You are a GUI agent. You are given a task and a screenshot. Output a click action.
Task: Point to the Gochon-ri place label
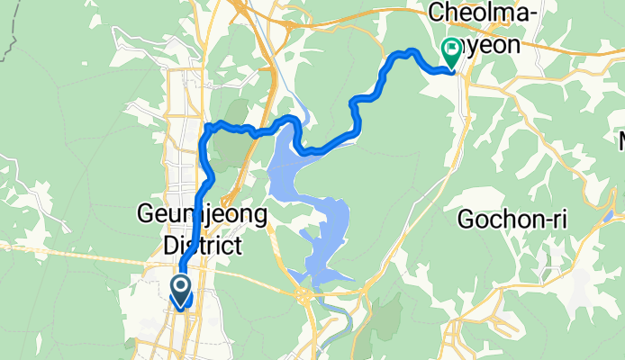click(512, 218)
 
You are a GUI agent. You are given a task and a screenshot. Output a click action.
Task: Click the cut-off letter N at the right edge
click(620, 141)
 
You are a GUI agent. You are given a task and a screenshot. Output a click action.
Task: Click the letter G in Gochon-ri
click(466, 218)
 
